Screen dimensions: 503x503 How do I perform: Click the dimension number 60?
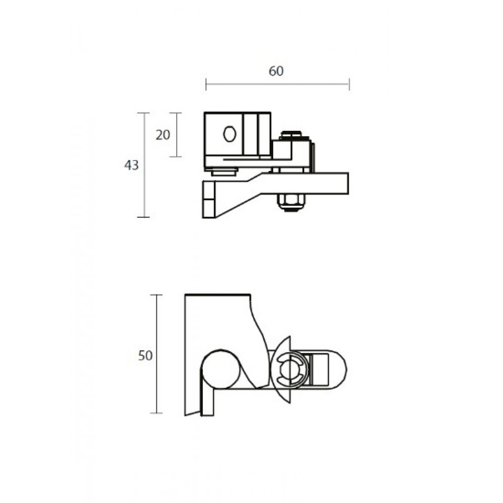tap(276, 71)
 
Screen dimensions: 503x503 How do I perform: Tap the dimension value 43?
tap(131, 165)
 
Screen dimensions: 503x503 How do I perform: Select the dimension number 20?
tap(162, 135)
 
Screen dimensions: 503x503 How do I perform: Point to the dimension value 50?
tap(145, 355)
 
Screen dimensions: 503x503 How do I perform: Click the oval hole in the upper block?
tap(229, 134)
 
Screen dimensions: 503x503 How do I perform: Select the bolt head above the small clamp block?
tap(291, 134)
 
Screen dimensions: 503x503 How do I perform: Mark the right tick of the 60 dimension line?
tap(349, 85)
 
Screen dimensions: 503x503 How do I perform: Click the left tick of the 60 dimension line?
tap(206, 85)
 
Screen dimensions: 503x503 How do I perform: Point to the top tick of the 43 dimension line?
tap(144, 113)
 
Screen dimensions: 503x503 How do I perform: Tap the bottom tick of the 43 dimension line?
tap(144, 217)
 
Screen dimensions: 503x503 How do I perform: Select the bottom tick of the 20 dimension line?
tap(175, 156)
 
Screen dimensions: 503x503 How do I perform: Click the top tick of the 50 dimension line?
tap(156, 295)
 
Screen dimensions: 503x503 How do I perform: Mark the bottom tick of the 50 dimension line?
tap(156, 413)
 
